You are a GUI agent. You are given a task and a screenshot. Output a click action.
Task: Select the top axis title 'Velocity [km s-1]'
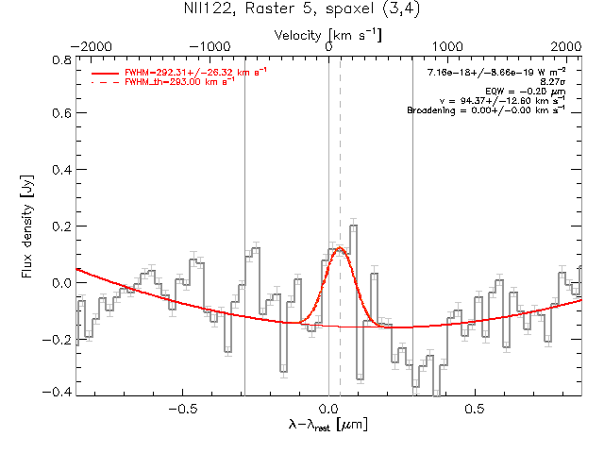(x=328, y=34)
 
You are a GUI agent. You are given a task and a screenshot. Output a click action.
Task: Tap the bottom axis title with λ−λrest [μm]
(x=328, y=427)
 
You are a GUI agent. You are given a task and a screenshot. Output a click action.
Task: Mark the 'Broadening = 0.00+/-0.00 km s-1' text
(x=486, y=110)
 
